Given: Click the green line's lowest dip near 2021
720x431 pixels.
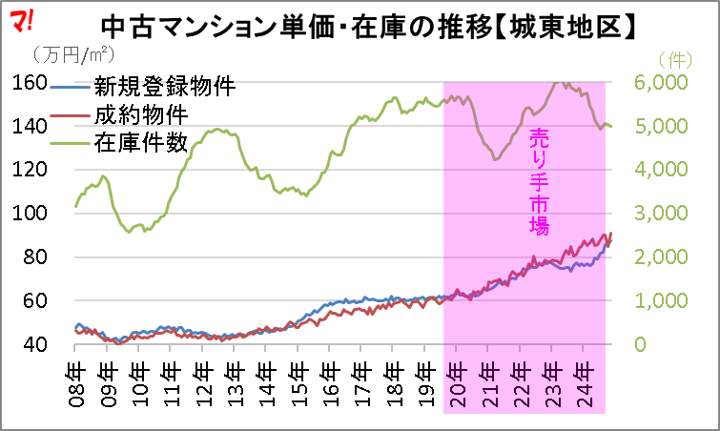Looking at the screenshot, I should tap(495, 159).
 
